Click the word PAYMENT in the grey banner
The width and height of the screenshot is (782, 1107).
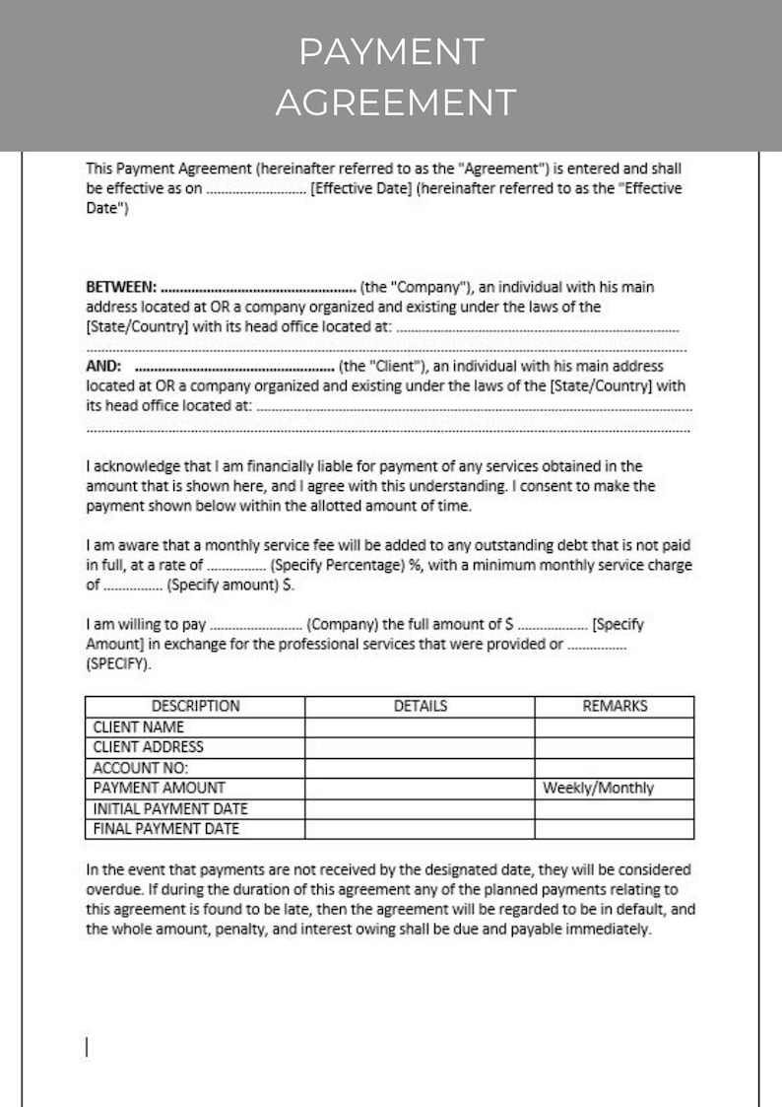[x=391, y=52]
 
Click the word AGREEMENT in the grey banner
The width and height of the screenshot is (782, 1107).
[x=395, y=103]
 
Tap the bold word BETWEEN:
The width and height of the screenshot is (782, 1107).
[x=121, y=288]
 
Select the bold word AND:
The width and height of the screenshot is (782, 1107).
[x=103, y=366]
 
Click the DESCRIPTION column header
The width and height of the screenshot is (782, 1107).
[x=195, y=706]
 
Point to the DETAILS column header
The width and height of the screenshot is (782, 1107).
[x=420, y=706]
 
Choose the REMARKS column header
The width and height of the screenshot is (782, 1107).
[x=615, y=706]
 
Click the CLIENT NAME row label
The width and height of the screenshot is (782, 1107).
[x=139, y=727]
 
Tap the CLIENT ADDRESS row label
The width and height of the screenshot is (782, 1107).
[x=149, y=747]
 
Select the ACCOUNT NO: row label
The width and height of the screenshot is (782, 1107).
[x=141, y=768]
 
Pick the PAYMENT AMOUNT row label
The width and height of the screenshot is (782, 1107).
[x=159, y=788]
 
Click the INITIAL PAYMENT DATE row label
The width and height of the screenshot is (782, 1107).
[x=170, y=808]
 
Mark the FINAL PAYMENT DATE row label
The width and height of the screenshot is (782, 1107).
[x=166, y=829]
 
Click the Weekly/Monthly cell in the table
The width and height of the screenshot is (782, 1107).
[x=598, y=788]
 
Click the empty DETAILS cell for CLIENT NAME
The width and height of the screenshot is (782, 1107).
[x=420, y=727]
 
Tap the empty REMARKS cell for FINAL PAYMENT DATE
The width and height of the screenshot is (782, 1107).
[x=615, y=829]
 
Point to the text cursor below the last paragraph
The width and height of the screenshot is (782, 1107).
[x=88, y=1047]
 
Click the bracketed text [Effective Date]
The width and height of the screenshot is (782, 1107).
[x=360, y=189]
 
